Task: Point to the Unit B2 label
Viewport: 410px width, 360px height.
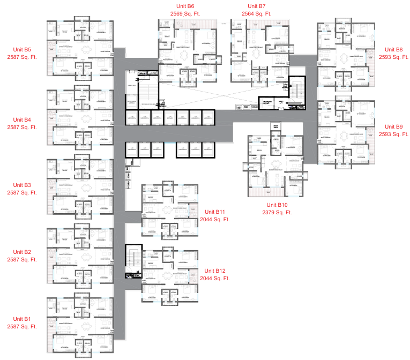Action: [x=22, y=252]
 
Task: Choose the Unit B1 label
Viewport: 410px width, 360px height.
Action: [x=22, y=319]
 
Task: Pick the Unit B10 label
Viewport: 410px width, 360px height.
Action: [x=277, y=205]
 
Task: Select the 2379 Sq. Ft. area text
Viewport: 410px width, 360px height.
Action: [x=277, y=213]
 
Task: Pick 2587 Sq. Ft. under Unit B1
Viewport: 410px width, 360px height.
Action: [x=22, y=326]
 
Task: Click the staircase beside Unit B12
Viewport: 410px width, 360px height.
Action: [x=132, y=261]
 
